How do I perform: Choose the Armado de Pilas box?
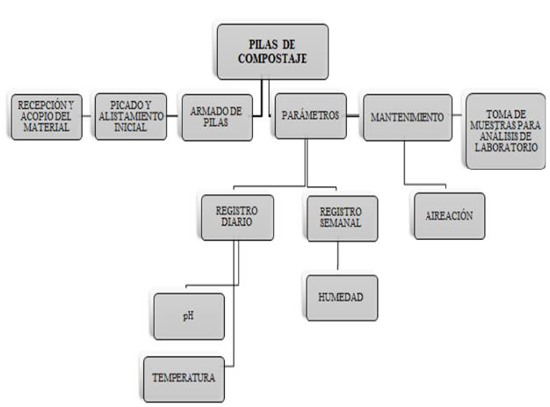click(x=216, y=116)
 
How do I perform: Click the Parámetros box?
click(x=309, y=116)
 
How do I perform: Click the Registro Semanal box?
click(x=340, y=217)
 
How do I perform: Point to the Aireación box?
click(x=448, y=215)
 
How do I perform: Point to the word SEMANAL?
click(x=340, y=223)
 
